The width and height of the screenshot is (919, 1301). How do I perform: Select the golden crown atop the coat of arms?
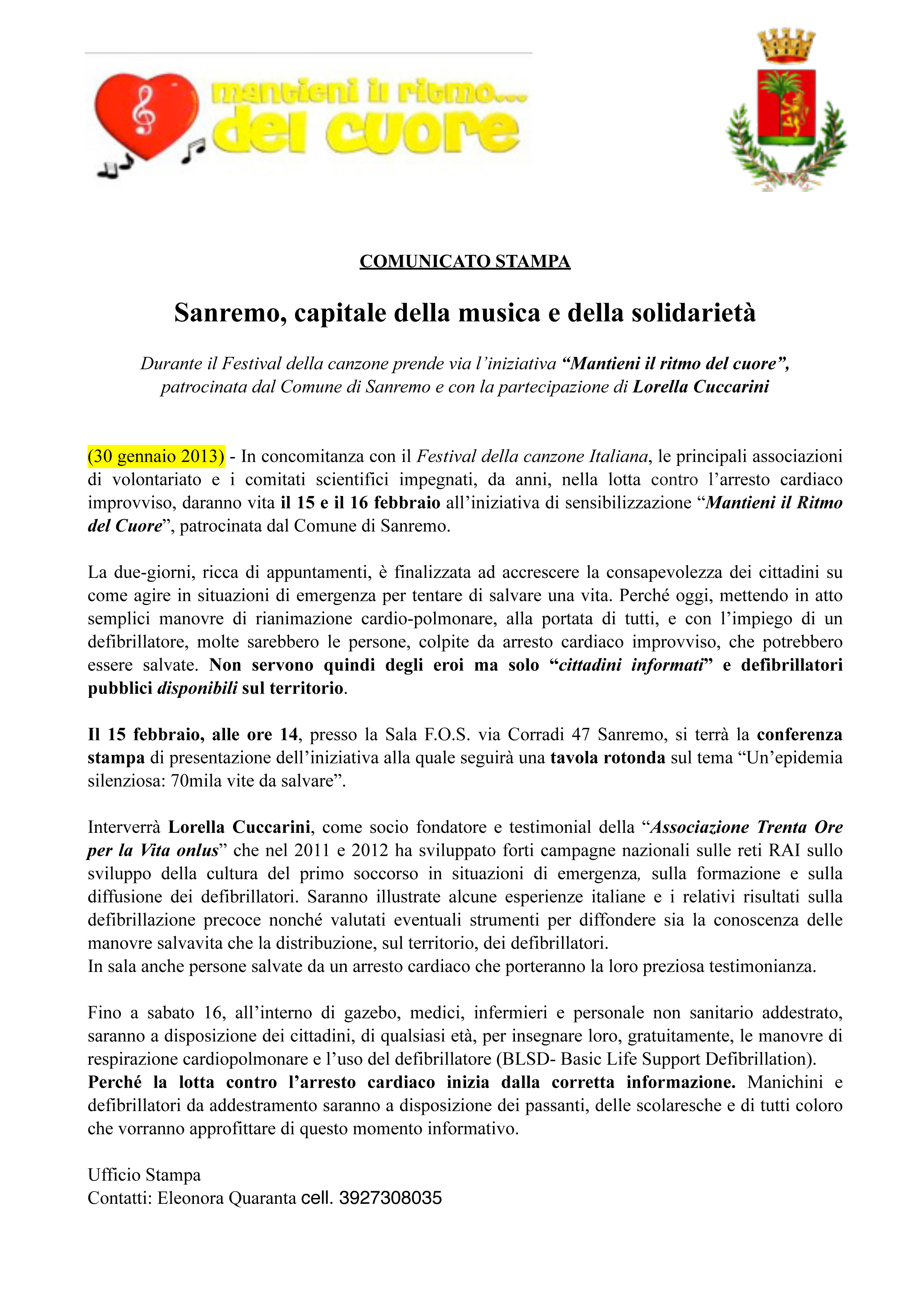pos(786,45)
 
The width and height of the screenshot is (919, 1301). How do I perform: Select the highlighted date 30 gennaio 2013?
pos(156,456)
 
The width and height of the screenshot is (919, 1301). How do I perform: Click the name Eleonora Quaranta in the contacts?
pos(227,1198)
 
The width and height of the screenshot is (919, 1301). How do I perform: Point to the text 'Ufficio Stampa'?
pos(144,1174)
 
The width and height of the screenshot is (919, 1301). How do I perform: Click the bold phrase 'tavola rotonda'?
pos(608,758)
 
